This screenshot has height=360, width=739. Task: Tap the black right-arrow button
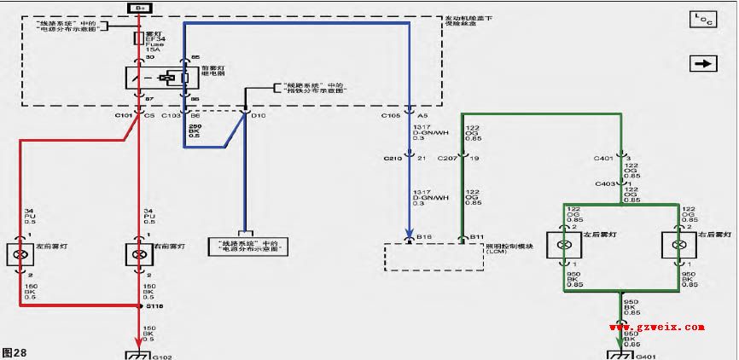[x=703, y=63]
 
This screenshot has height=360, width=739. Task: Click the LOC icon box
[x=703, y=19]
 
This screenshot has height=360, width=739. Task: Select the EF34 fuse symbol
[x=138, y=39]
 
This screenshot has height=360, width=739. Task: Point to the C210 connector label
[x=392, y=158]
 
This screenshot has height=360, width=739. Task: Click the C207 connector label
[x=447, y=158]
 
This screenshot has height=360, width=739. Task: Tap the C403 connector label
[x=605, y=183]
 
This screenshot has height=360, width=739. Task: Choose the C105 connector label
[x=392, y=113]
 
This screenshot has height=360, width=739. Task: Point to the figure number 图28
[x=15, y=351]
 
